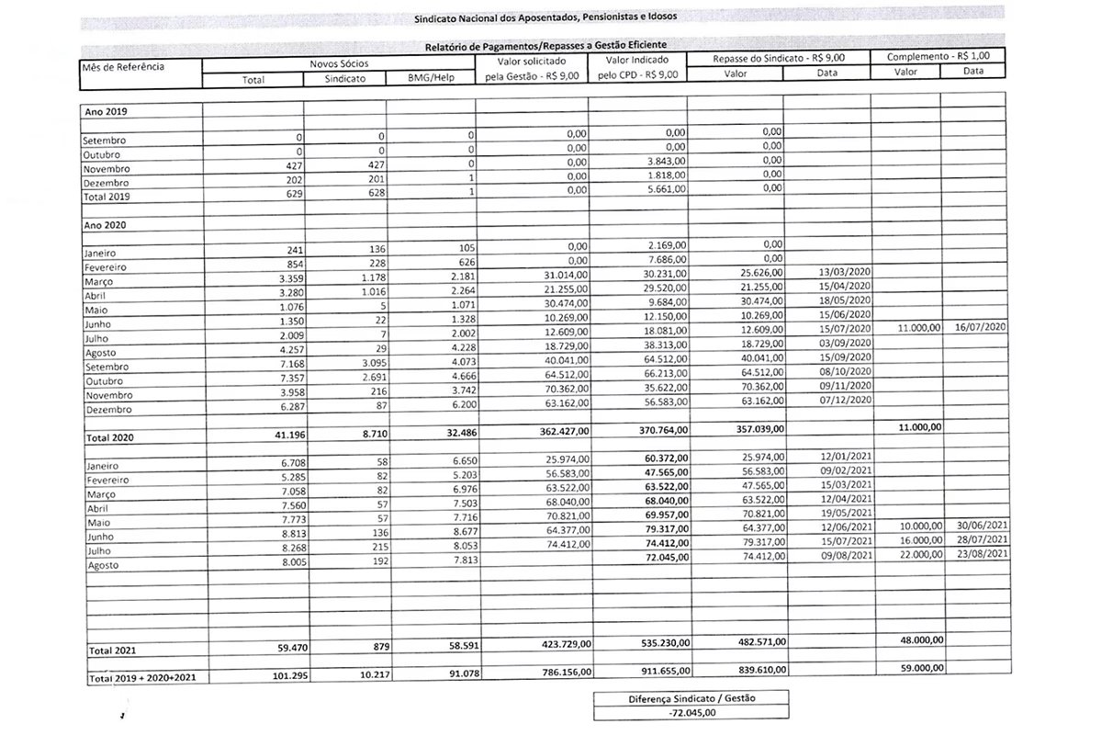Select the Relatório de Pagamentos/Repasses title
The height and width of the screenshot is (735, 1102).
[x=545, y=45]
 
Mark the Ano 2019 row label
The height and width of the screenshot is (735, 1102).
[x=106, y=111]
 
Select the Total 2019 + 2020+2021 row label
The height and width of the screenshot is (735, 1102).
[x=145, y=678]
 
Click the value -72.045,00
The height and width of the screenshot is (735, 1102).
[x=691, y=712]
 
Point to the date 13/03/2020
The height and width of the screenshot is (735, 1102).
[x=842, y=273]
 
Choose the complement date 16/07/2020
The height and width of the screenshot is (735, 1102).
[x=982, y=326]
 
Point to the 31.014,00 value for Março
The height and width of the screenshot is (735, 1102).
[x=562, y=274]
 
